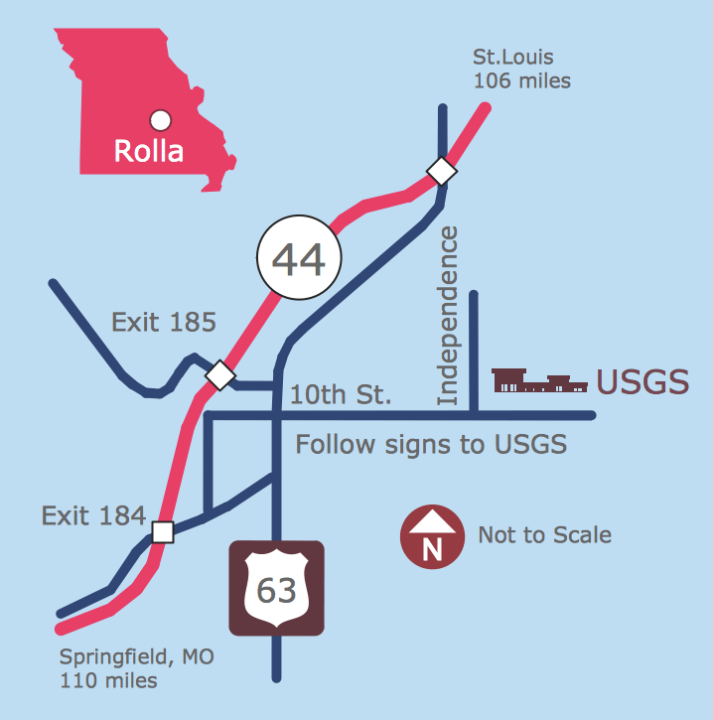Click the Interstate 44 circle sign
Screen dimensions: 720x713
[x=299, y=259]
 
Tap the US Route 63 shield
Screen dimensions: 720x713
[x=276, y=588]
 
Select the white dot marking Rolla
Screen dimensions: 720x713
[x=160, y=121]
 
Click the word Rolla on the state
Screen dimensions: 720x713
[x=149, y=152]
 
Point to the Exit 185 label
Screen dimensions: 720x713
[x=164, y=322]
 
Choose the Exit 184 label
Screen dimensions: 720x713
[x=93, y=515]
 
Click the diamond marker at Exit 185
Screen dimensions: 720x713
[x=220, y=375]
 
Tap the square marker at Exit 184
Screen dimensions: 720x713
[x=163, y=532]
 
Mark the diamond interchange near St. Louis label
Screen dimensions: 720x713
[x=441, y=171]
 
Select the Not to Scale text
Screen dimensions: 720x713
[x=544, y=535]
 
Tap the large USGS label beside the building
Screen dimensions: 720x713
[x=642, y=382]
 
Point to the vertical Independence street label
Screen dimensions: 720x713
[x=448, y=316]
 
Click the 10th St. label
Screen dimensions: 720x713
[x=341, y=395]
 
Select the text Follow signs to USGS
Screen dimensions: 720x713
[x=431, y=444]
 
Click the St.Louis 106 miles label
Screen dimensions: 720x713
[x=521, y=70]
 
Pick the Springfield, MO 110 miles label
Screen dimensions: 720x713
[x=136, y=668]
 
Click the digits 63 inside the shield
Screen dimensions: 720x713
[x=276, y=591]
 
